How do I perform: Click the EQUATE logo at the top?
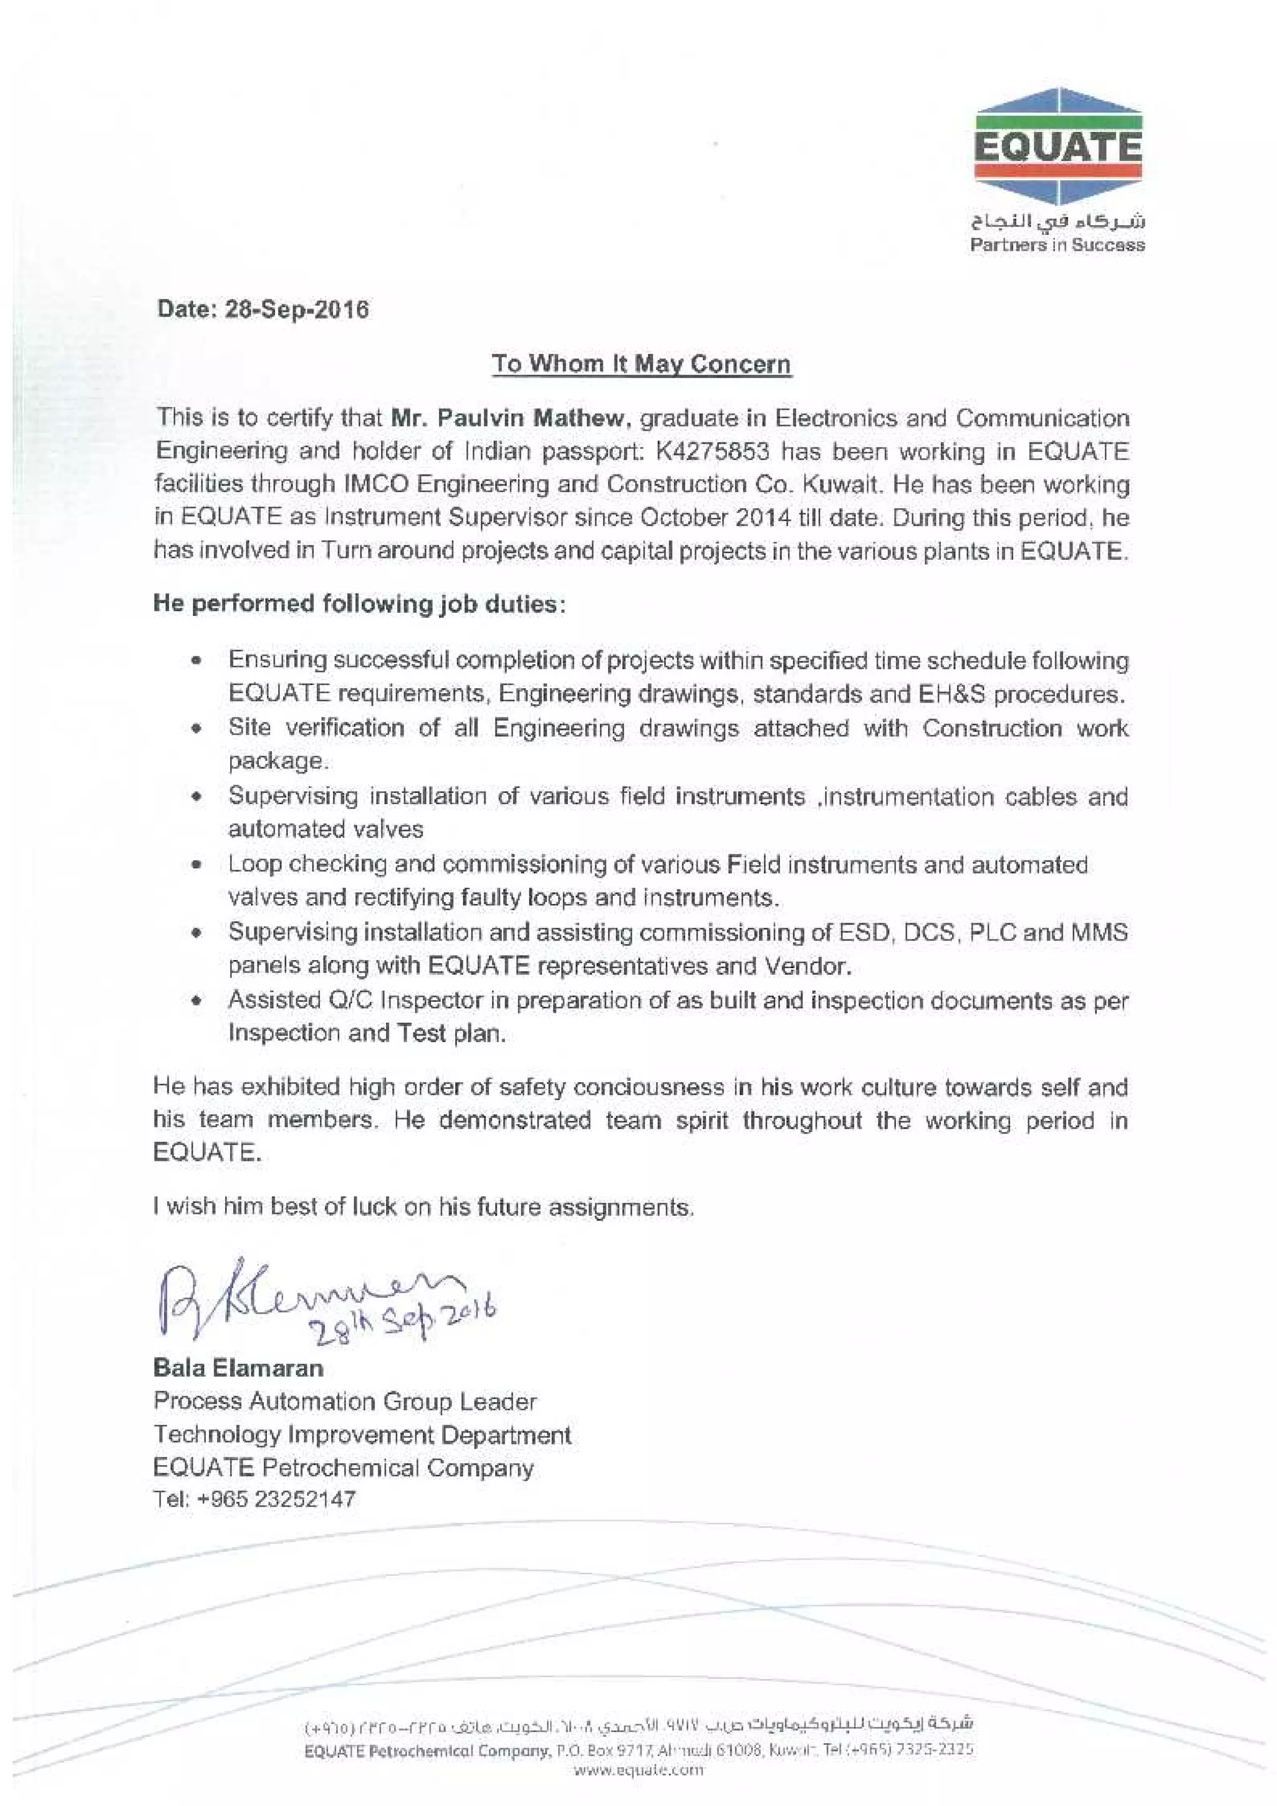coord(1058,148)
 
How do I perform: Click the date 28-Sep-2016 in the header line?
coord(297,309)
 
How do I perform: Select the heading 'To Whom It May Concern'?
coord(640,364)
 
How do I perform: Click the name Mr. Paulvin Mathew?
coord(511,418)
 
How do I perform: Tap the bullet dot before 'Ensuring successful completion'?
coord(198,661)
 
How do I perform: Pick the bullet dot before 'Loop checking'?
coord(198,865)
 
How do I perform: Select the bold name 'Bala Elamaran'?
coord(238,1368)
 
